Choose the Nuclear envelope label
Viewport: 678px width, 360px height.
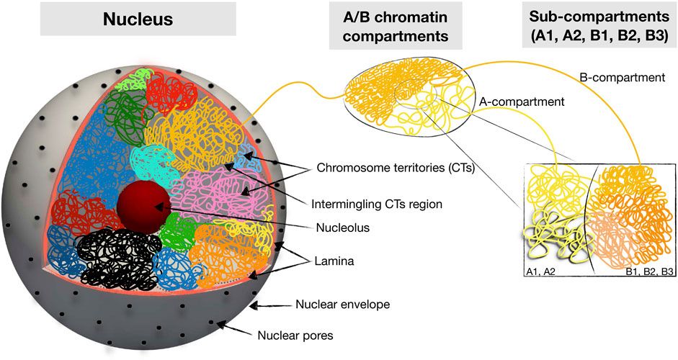342,305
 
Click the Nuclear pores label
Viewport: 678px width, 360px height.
295,335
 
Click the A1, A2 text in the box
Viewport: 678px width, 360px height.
542,271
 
